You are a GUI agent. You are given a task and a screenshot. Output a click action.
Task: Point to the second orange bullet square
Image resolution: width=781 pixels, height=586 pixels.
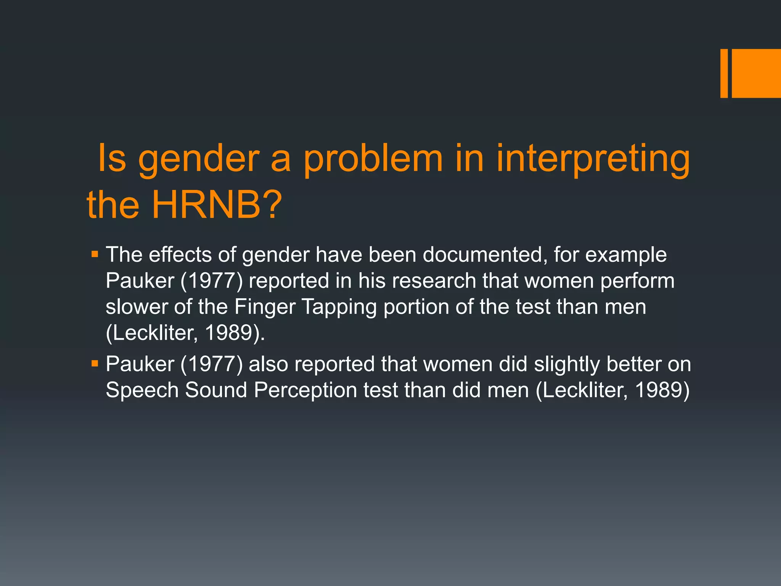tap(95, 364)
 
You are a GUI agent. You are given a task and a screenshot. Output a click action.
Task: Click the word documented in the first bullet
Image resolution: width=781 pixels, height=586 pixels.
tap(482, 254)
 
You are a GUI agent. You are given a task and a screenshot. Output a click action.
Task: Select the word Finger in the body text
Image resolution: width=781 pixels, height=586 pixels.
tap(265, 307)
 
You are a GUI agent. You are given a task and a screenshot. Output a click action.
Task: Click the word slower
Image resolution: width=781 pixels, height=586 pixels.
tap(137, 306)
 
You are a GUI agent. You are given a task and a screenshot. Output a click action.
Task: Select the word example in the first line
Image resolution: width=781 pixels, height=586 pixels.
tap(626, 254)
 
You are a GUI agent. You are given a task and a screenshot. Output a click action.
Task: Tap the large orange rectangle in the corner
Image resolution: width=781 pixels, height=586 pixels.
tap(756, 73)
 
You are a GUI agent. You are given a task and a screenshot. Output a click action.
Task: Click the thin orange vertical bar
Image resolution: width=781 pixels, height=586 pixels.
tap(724, 73)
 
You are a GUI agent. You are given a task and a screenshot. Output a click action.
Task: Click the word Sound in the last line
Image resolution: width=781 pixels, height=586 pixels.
tap(216, 390)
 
